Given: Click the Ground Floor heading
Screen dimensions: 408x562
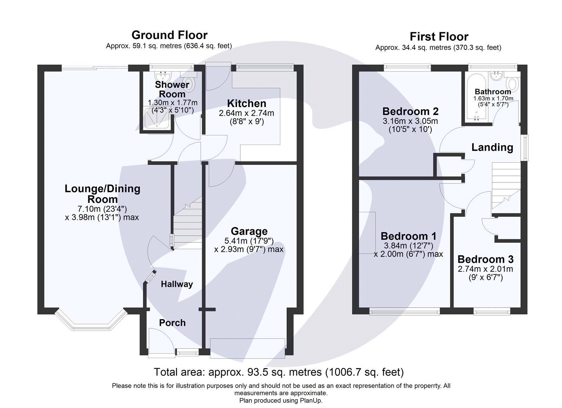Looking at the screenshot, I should point(169,35).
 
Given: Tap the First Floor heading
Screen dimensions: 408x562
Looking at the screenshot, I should point(439,36).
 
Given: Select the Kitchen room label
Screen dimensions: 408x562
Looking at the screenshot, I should point(246,103).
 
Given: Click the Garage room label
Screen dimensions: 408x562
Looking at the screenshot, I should point(249,231).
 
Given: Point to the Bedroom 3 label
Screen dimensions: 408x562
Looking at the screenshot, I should point(485,259).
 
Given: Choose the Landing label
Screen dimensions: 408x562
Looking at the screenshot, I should point(492,147).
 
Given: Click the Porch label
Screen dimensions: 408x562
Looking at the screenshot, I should point(172,323).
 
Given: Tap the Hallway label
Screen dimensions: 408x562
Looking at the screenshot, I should point(177,284).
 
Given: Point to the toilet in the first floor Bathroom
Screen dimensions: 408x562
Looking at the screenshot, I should point(512,83).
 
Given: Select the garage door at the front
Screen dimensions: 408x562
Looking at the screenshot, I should point(247,348).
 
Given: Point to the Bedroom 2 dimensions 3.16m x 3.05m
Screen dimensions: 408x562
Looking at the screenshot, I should point(410,121).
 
